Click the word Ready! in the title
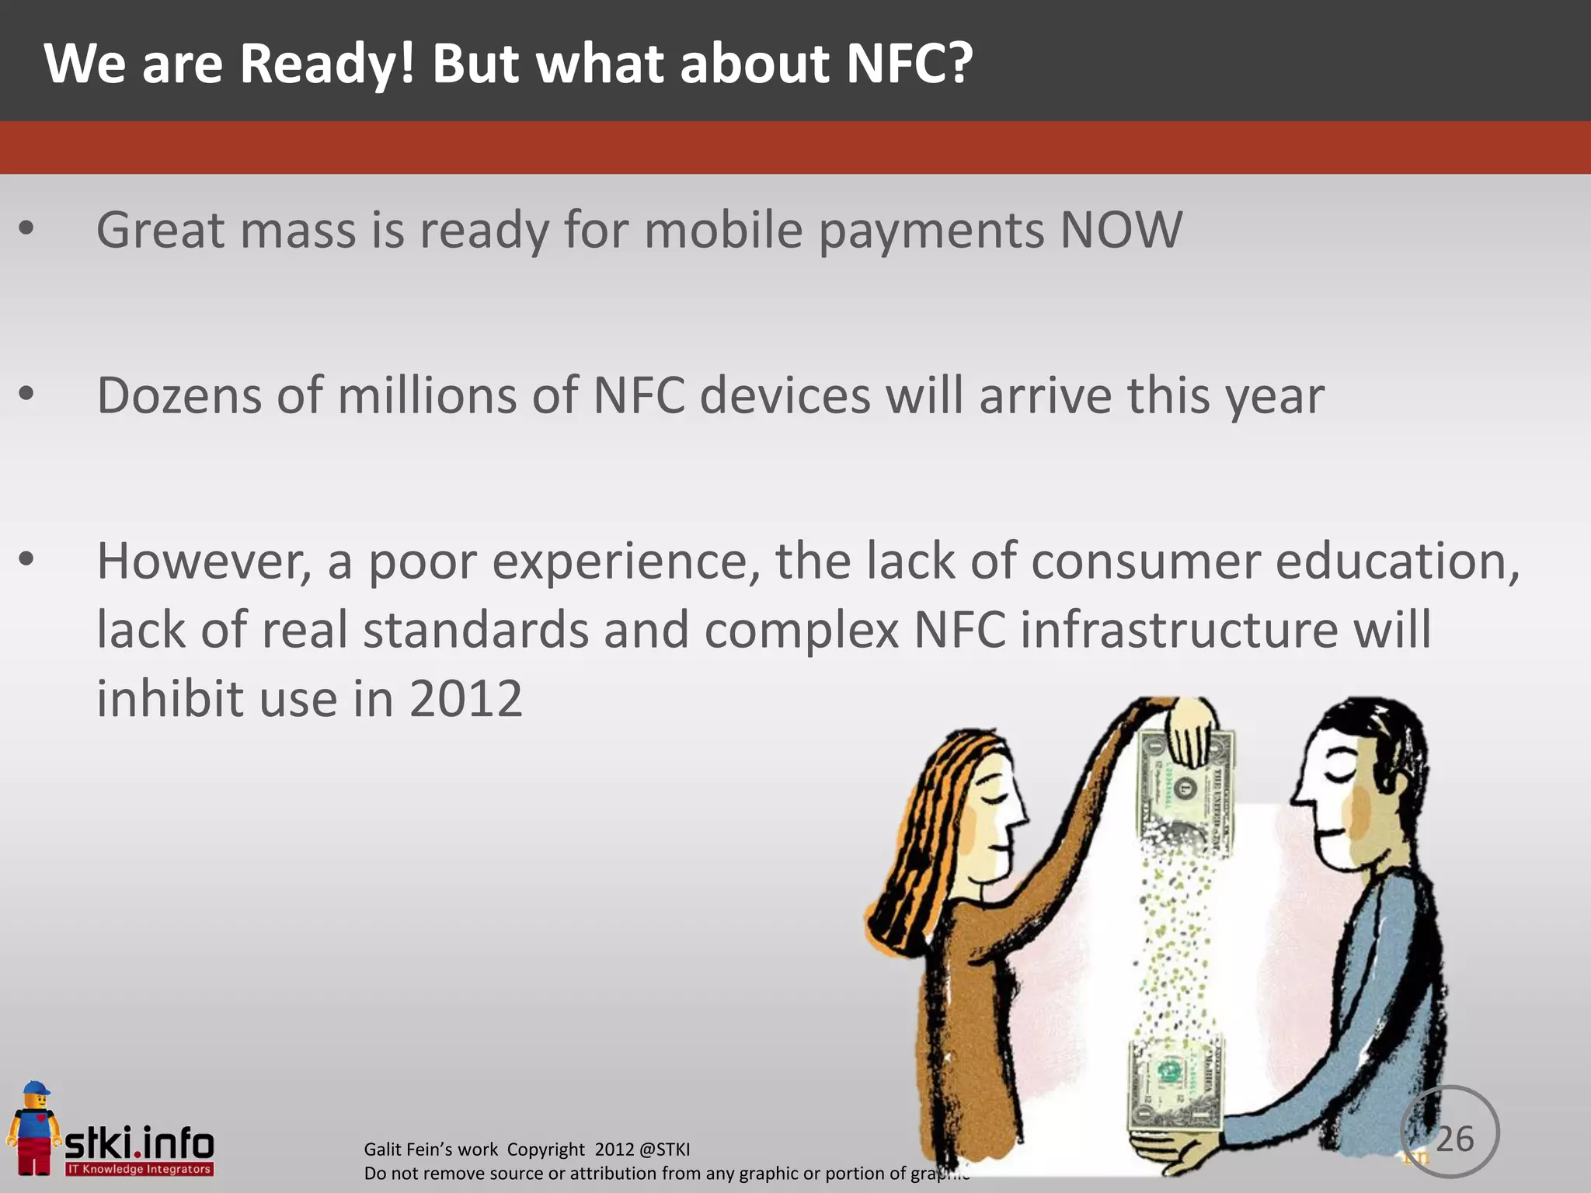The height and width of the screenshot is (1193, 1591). coord(327,64)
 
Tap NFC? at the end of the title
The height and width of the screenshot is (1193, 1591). coord(909,64)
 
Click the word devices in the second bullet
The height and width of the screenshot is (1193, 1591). coord(785,396)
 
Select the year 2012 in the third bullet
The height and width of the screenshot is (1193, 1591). coord(465,699)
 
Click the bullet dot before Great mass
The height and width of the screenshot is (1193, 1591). coord(26,228)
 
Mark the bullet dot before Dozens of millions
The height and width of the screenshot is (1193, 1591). coord(26,394)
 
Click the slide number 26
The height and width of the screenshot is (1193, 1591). coord(1453,1139)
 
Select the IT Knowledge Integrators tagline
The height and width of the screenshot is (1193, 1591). coord(139,1169)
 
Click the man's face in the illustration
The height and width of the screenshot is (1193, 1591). coord(1336,800)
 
